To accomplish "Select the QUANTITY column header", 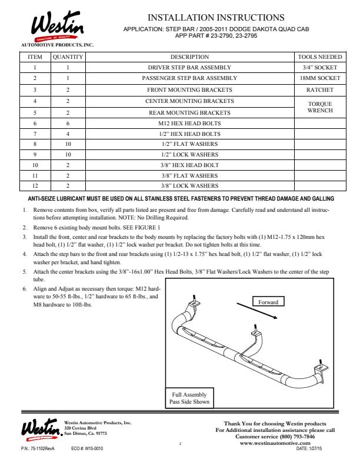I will [68, 57].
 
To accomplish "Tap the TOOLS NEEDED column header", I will [320, 57].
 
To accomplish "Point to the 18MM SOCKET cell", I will [320, 78].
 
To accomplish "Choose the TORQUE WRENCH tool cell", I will [320, 107].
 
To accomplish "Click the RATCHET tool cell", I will [320, 90].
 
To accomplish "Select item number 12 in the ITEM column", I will [35, 185].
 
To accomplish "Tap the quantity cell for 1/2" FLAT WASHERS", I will [68, 144].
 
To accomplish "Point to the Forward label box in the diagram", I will [268, 302].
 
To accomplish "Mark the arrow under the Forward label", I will [255, 311].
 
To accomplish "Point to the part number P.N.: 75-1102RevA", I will [38, 448].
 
